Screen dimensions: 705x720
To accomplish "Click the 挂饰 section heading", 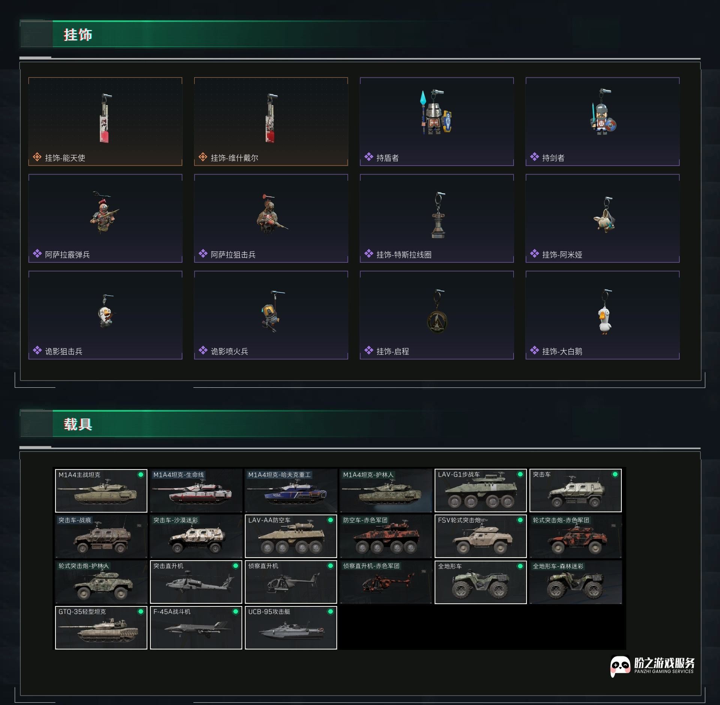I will (x=78, y=35).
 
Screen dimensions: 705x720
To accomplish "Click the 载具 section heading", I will (x=78, y=424).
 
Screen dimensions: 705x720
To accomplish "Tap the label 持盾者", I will (x=387, y=158).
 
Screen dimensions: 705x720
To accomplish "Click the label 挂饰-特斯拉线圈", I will (x=403, y=255).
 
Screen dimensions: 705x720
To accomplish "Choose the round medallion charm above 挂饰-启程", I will (x=437, y=321).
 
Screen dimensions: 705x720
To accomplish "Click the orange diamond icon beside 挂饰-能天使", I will (x=37, y=157).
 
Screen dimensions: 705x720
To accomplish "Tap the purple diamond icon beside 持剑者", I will (x=534, y=157).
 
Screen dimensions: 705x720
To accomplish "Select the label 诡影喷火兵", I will (x=229, y=351).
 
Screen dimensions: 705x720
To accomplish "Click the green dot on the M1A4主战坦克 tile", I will (x=141, y=475).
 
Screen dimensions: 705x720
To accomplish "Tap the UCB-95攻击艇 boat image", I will (x=291, y=631).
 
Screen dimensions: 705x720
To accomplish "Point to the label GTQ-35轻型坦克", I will (x=82, y=612).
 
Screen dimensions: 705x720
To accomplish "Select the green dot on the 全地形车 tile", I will (x=520, y=566).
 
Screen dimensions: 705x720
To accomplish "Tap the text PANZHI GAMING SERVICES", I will (x=664, y=671).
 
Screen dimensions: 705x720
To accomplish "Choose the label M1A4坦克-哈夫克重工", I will (x=279, y=475).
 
